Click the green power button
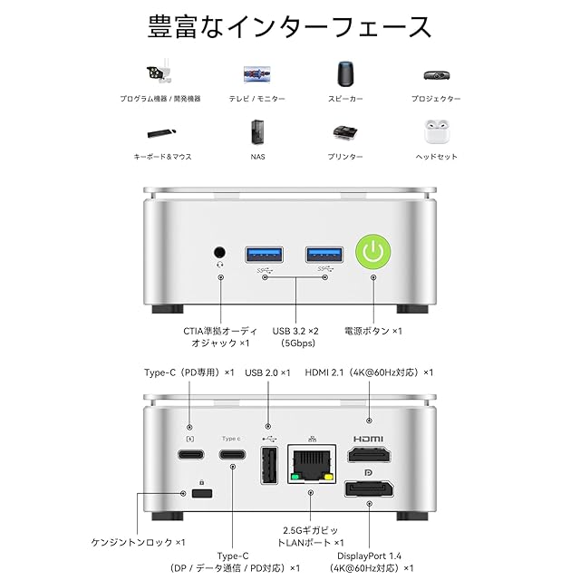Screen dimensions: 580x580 pyautogui.click(x=372, y=252)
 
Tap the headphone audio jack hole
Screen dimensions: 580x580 pyautogui.click(x=219, y=253)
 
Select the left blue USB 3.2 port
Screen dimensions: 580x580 pyautogui.click(x=264, y=255)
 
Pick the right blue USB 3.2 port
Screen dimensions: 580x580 pyautogui.click(x=324, y=255)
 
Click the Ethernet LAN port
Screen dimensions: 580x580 pyautogui.click(x=312, y=464)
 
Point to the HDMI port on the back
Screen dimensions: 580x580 pyautogui.click(x=369, y=454)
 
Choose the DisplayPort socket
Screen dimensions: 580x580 pyautogui.click(x=369, y=489)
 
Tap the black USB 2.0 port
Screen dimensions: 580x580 pyautogui.click(x=269, y=465)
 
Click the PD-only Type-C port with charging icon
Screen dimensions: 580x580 pyautogui.click(x=191, y=454)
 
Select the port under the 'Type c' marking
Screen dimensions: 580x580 pyautogui.click(x=232, y=454)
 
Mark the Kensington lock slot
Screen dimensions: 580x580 pyautogui.click(x=202, y=493)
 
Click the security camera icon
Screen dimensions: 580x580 pyautogui.click(x=159, y=72)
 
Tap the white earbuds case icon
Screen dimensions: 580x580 pyautogui.click(x=437, y=131)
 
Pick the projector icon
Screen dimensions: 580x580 pyautogui.click(x=437, y=75)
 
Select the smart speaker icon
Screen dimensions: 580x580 pyautogui.click(x=345, y=74)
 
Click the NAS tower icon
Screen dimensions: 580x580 pyautogui.click(x=257, y=131)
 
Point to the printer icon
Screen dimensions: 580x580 pyautogui.click(x=345, y=133)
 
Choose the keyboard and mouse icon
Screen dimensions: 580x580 pyautogui.click(x=161, y=133)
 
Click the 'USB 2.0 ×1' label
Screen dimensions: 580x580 pyautogui.click(x=267, y=372)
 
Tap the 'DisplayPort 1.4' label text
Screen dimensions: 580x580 pyautogui.click(x=369, y=556)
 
